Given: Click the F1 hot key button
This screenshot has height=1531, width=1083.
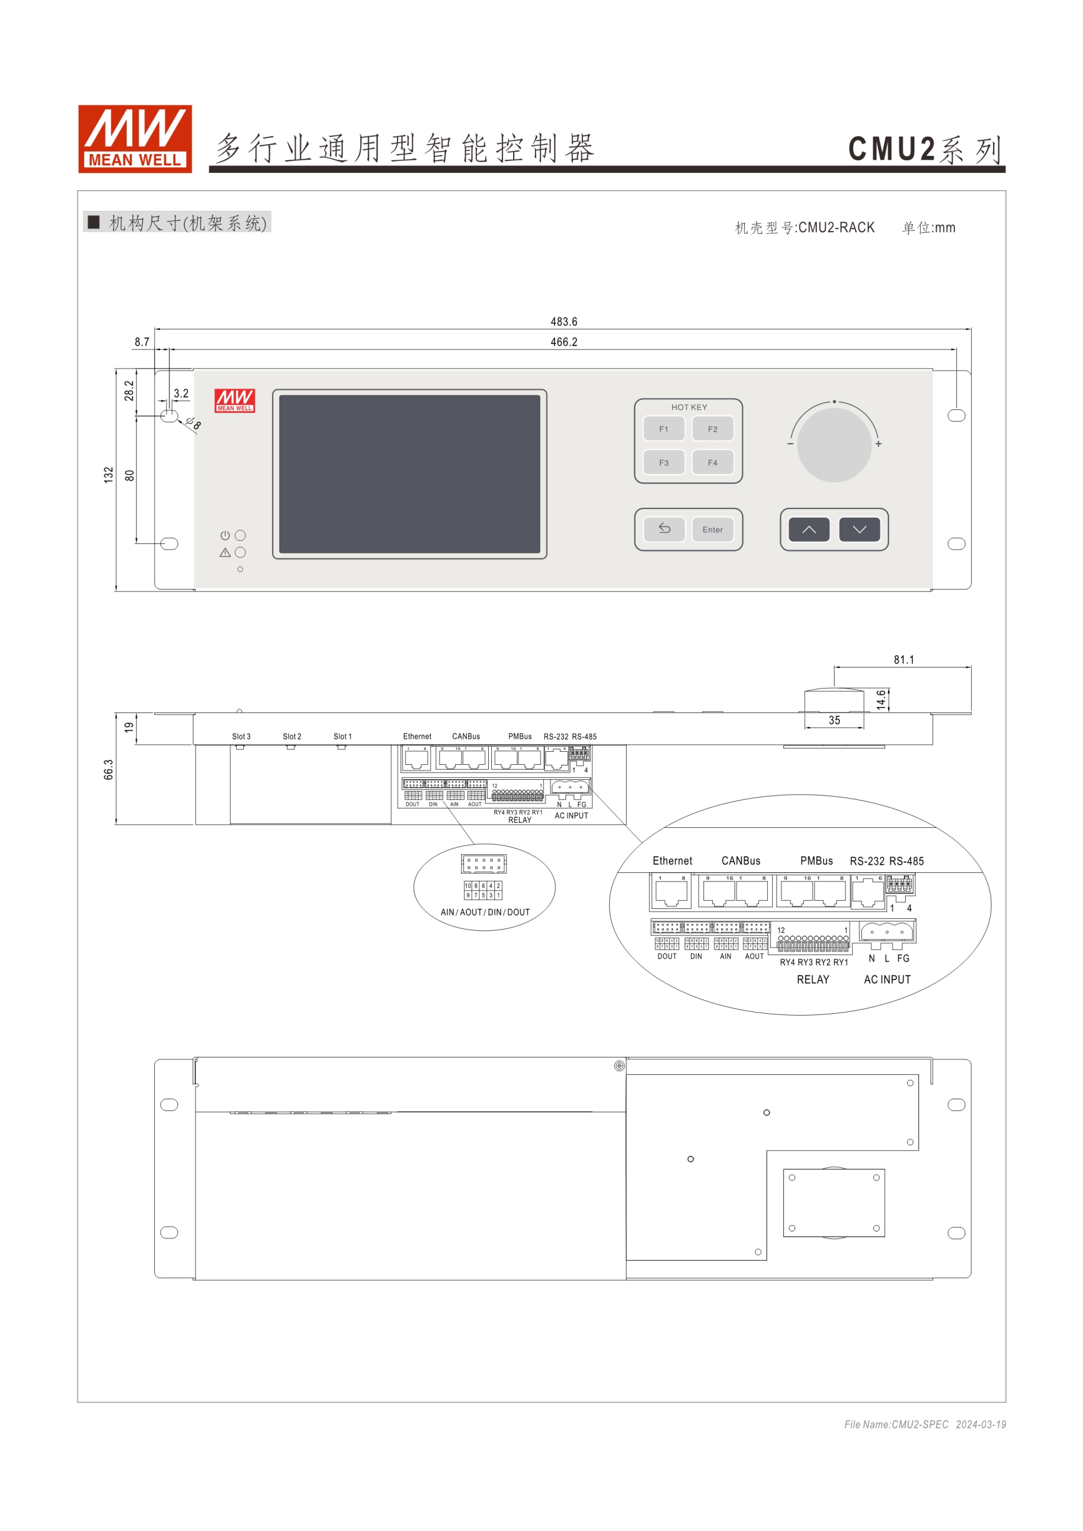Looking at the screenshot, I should click(x=664, y=429).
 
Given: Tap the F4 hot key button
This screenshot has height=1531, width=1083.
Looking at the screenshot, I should click(x=713, y=462).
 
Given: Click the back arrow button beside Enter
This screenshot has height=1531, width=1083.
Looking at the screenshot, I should click(x=664, y=529).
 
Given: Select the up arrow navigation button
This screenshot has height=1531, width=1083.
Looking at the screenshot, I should click(x=809, y=530).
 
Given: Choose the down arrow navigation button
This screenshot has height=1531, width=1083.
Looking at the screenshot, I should click(x=860, y=530).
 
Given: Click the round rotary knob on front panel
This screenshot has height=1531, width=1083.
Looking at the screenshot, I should click(x=834, y=445).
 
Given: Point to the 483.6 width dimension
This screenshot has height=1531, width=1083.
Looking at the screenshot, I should click(x=564, y=321).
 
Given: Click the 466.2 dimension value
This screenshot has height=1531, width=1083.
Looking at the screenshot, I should click(x=564, y=342).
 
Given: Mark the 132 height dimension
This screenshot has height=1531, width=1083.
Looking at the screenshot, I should click(x=109, y=475).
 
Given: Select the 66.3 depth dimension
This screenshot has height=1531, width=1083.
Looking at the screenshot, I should click(x=109, y=769).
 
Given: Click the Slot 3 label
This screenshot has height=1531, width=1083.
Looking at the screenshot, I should click(x=241, y=736).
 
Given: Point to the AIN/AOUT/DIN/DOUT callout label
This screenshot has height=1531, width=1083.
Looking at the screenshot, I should click(x=485, y=912).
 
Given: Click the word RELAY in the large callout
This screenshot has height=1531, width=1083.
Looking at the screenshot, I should click(x=813, y=979).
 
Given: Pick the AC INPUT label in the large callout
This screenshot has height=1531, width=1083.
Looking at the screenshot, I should click(x=887, y=979).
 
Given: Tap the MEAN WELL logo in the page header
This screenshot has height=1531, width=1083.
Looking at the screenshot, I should click(x=135, y=139).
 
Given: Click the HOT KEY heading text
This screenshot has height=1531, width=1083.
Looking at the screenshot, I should click(x=689, y=407).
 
